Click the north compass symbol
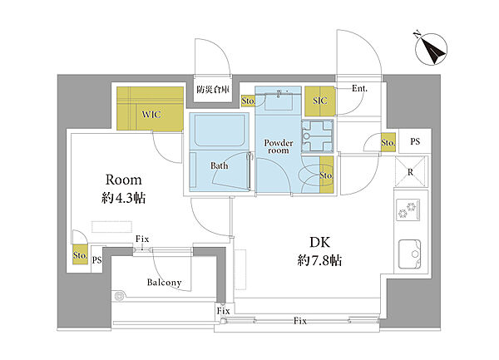[431, 49]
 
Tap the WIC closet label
[151, 115]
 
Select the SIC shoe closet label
[320, 101]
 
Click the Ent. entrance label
[359, 88]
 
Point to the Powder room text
[279, 146]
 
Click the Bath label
[220, 165]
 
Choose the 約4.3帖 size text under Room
[123, 198]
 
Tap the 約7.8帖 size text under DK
[320, 260]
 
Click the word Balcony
[164, 283]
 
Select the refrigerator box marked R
[410, 172]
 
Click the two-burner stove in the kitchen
[408, 210]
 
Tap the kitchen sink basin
[409, 254]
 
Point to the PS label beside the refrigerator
[415, 141]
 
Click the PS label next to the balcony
[97, 260]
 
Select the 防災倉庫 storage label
[213, 89]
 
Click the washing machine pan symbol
[317, 136]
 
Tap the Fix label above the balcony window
[142, 239]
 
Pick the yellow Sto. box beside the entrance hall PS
[388, 142]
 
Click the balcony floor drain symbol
[119, 296]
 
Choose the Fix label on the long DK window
[299, 321]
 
